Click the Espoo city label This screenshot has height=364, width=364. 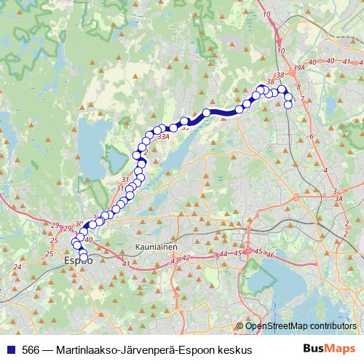pos(77,260)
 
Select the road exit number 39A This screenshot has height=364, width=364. pos(297,68)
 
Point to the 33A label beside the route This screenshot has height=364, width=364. pos(162,135)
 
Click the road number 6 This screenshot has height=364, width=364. pos(311,137)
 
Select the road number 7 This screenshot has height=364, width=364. pos(301,99)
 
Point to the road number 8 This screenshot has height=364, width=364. pos(299,87)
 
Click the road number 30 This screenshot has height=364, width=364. pos(79,223)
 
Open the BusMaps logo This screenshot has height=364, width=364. pos(331,349)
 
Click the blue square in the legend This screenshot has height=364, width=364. pos(9,350)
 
